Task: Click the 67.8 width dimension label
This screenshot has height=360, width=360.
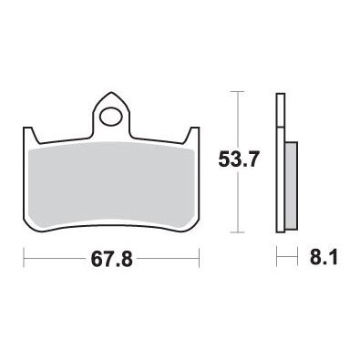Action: click(112, 259)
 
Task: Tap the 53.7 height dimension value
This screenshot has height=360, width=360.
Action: click(238, 159)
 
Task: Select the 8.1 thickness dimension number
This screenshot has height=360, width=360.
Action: click(324, 258)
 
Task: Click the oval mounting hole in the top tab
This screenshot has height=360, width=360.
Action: click(110, 117)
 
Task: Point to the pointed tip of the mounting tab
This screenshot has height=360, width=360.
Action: click(111, 92)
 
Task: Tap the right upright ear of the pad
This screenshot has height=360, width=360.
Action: click(194, 135)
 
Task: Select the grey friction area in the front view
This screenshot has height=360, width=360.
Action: click(111, 185)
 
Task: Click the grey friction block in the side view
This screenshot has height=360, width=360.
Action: click(291, 185)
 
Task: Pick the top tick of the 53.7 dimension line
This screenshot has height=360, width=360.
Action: click(238, 91)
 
